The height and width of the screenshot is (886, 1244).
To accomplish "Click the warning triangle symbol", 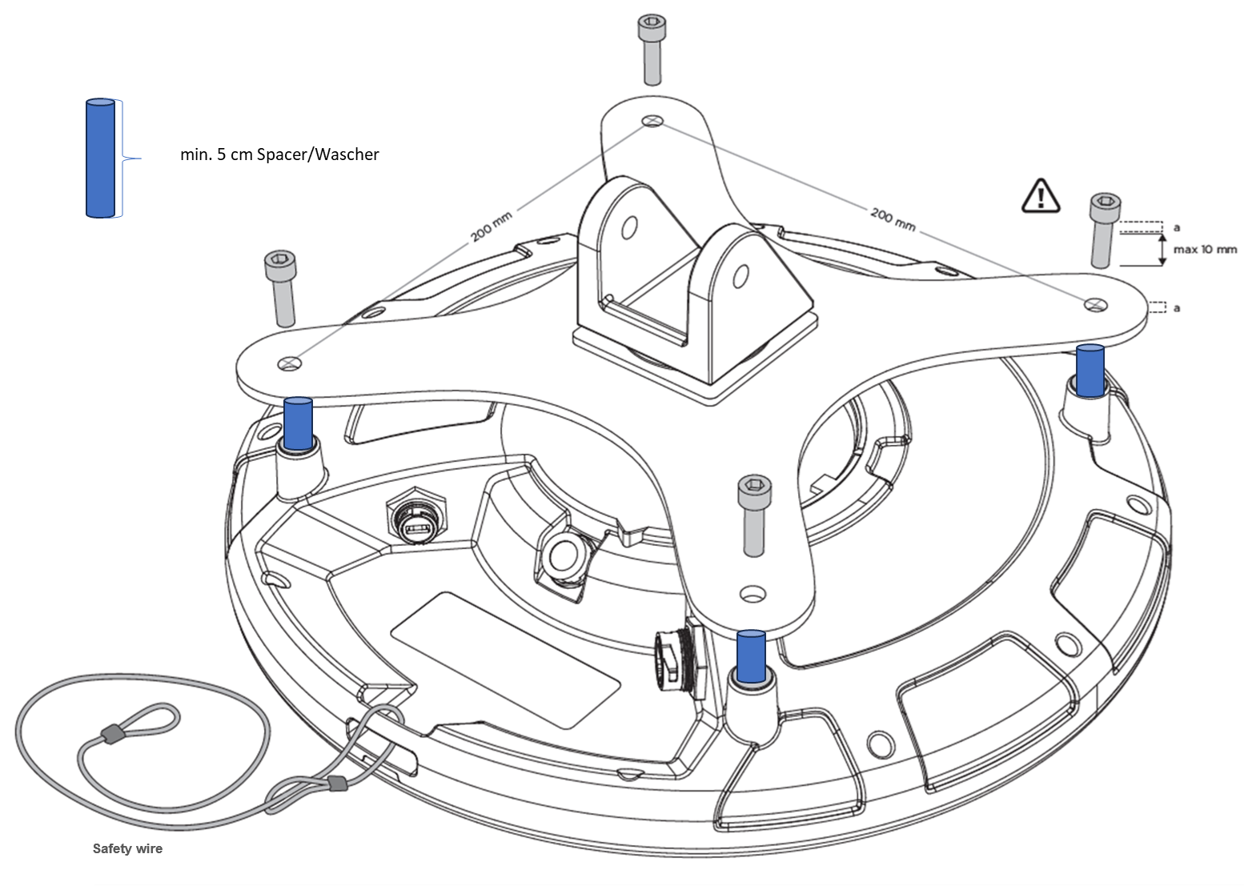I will pos(1040,196).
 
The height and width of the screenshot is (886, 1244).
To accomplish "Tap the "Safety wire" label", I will pos(127,849).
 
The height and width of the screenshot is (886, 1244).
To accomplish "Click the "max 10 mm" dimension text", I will pos(1204,250).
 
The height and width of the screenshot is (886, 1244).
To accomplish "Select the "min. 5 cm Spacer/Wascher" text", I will pos(279,154).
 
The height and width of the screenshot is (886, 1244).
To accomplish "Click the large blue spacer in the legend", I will pos(100,158).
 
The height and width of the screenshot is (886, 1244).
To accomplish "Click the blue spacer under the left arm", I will pos(298,423).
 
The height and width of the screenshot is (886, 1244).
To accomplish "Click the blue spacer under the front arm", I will pos(750,655).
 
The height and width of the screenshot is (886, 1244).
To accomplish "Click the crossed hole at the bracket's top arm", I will pos(652,121).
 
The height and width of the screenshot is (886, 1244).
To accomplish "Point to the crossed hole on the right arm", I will pos(1094,303).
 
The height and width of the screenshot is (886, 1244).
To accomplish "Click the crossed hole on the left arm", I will pos(290,364).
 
